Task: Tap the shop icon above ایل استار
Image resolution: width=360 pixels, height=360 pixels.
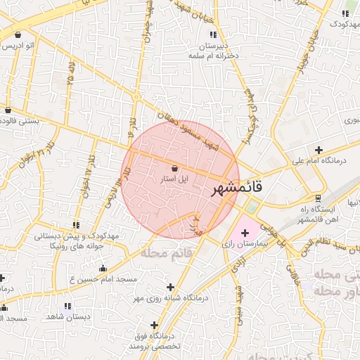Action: click(x=175, y=168)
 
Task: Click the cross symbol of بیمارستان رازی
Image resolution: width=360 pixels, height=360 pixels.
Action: click(x=245, y=232)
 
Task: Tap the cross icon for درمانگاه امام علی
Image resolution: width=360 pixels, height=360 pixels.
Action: click(x=319, y=150)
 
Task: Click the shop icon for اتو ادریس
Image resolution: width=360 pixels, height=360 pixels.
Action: click(x=17, y=34)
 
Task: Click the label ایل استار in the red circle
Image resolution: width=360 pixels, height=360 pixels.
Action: click(x=174, y=180)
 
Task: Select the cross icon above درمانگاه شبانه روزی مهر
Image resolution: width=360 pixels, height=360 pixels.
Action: click(x=171, y=287)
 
